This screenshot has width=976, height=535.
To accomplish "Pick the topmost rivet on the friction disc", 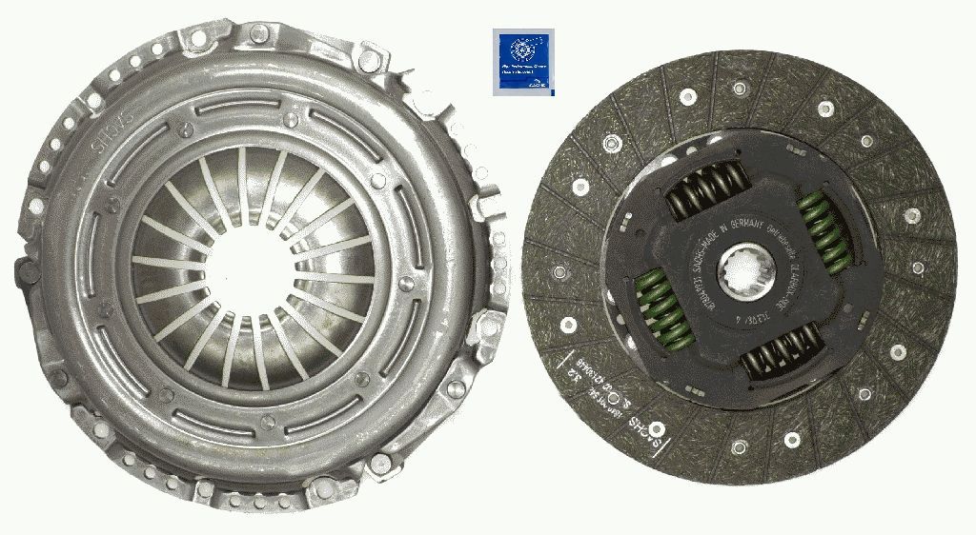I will [x=739, y=86].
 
